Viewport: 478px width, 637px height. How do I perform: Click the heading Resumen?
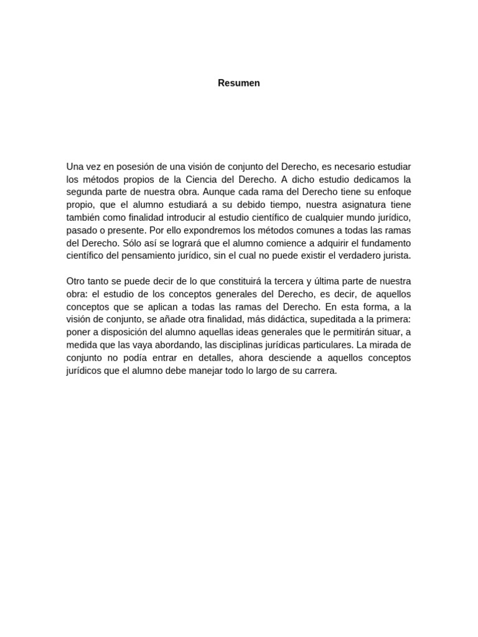(239, 83)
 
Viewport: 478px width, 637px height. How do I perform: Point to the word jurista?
(396, 256)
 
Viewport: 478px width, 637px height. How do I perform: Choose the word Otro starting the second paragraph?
(76, 281)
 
